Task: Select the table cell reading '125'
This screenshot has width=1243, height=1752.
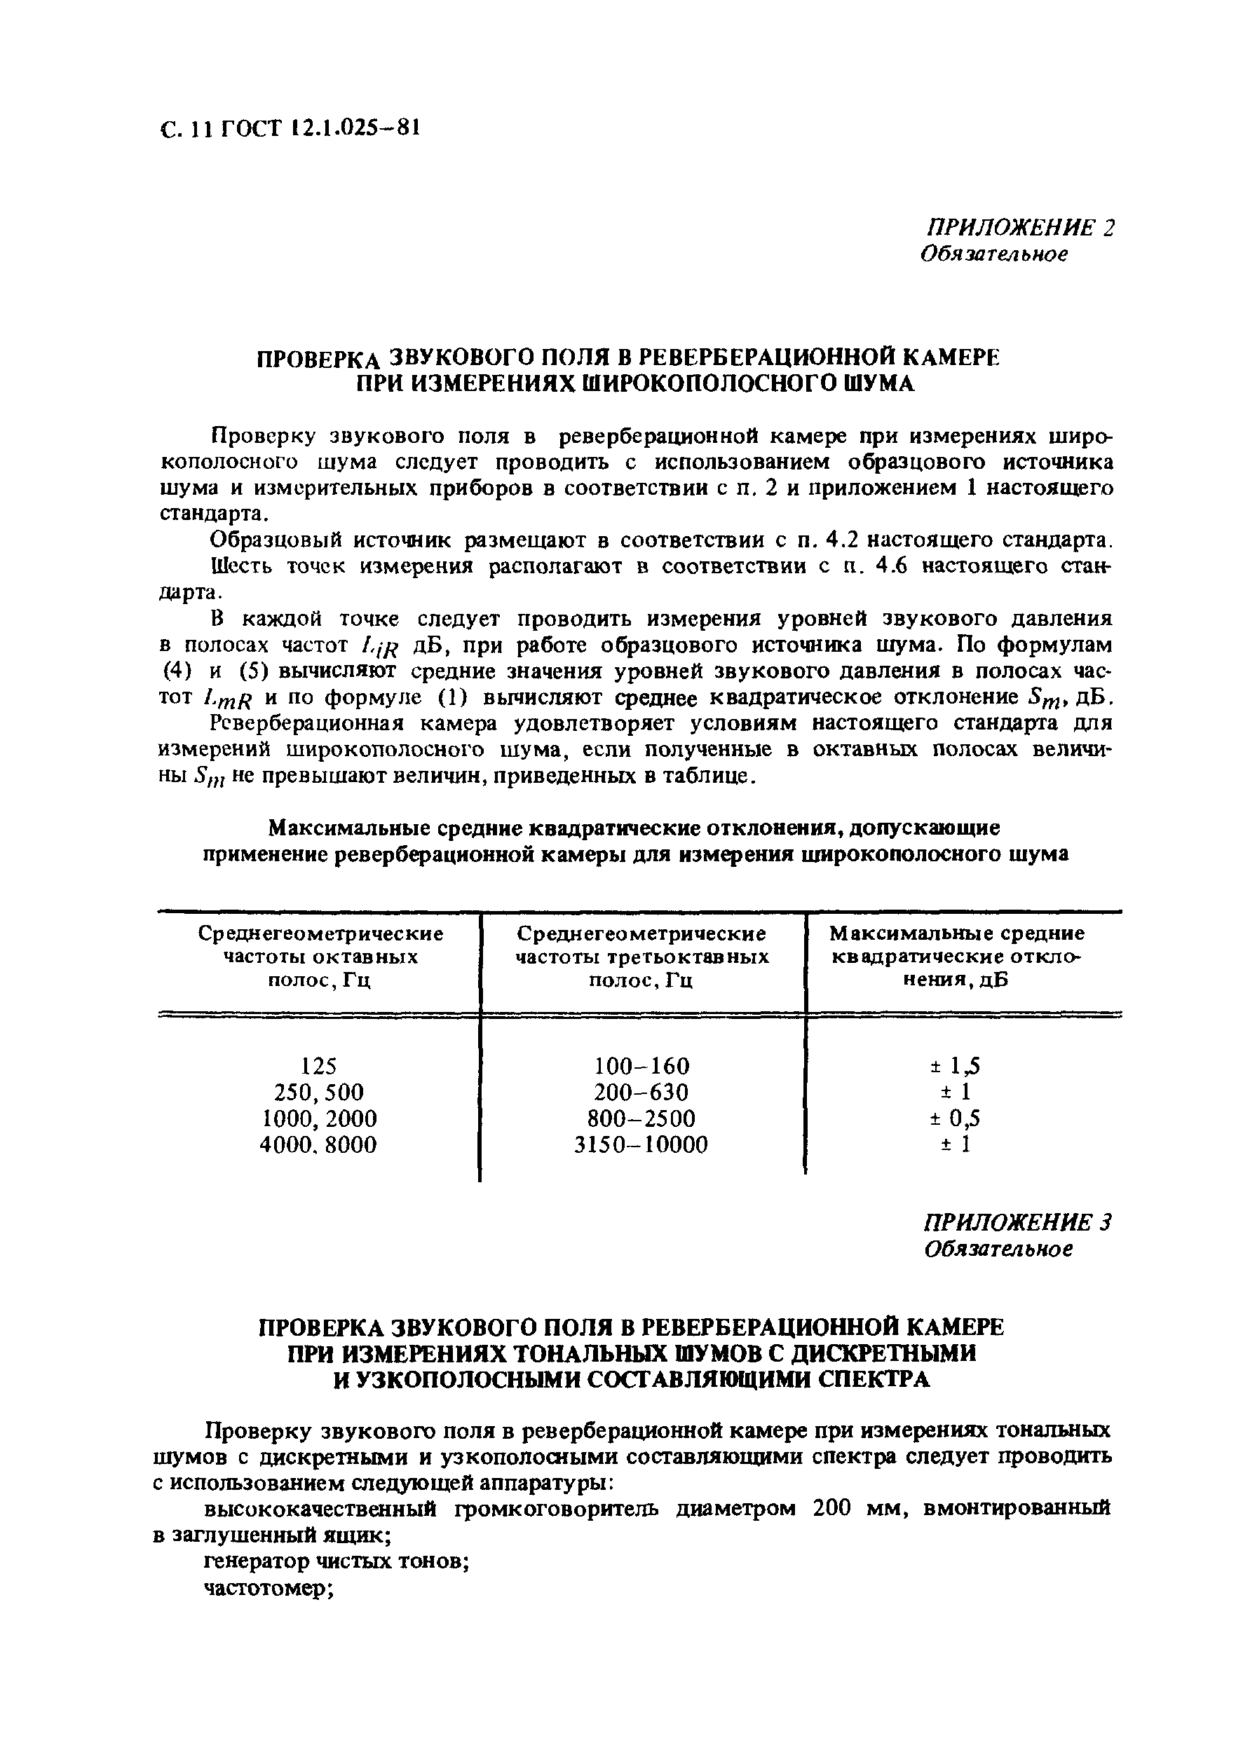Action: click(319, 1066)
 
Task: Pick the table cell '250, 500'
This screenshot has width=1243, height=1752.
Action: click(319, 1092)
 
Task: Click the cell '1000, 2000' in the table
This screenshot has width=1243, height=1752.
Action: click(319, 1118)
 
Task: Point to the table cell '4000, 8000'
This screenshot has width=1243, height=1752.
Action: click(319, 1144)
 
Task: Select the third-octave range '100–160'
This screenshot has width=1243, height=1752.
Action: click(641, 1066)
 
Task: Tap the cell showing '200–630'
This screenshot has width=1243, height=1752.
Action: click(641, 1092)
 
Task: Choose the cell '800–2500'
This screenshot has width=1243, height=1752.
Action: click(641, 1118)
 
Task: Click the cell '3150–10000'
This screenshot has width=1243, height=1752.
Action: click(641, 1144)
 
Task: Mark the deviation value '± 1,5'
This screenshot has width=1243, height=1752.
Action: click(956, 1066)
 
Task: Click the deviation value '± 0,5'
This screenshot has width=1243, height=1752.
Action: click(956, 1118)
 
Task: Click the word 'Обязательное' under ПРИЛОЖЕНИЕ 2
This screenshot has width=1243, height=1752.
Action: click(993, 254)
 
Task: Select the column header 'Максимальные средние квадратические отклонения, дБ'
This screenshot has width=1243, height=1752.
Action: click(958, 957)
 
